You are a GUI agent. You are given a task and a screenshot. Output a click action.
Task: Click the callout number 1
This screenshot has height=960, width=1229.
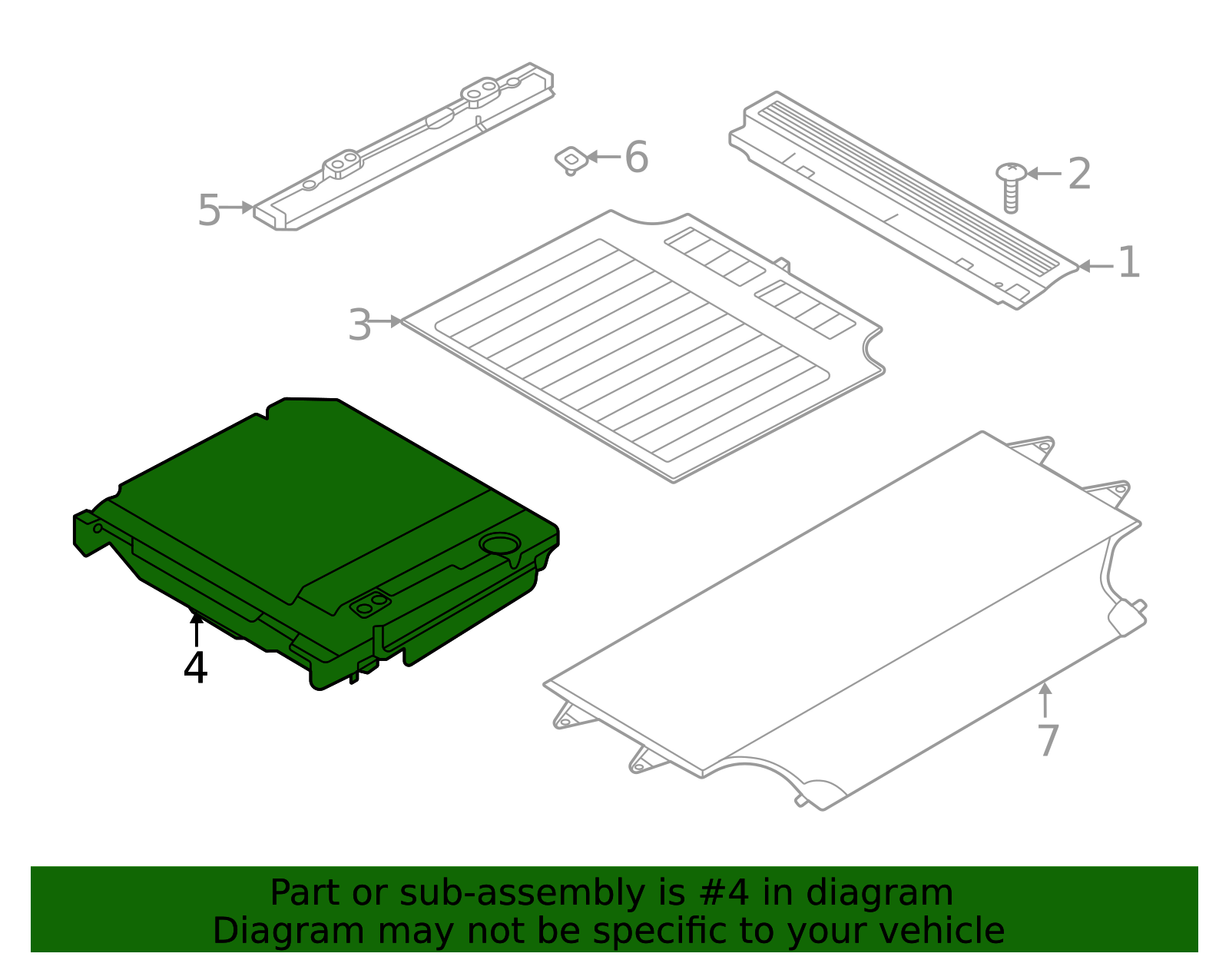tap(1128, 263)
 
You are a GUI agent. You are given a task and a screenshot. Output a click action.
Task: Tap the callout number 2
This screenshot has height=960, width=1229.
tap(1079, 174)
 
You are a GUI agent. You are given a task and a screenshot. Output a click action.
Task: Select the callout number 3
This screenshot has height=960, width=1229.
tap(359, 325)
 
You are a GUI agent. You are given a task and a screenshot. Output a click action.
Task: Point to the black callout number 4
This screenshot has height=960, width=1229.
tap(195, 668)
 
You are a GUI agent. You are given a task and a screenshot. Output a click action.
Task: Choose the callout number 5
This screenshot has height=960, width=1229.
tap(209, 210)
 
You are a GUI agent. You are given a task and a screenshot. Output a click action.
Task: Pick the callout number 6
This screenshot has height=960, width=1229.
tap(636, 158)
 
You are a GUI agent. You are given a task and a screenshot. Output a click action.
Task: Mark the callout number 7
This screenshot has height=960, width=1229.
tap(1048, 740)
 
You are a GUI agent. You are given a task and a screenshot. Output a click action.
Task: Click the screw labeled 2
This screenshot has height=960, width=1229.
tap(1011, 186)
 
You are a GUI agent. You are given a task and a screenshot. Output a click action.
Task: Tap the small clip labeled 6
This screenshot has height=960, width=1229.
tap(571, 160)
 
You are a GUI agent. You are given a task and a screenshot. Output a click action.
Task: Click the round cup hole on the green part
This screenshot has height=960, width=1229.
tap(499, 544)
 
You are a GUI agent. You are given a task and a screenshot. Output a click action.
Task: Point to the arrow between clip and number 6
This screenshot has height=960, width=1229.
tap(604, 157)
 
